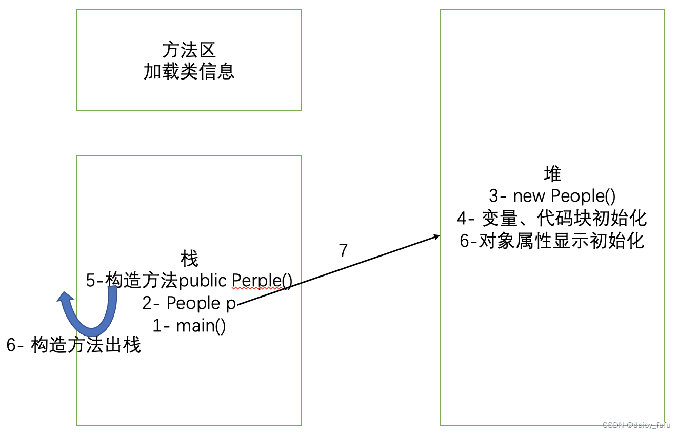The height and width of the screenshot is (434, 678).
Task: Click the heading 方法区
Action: click(189, 50)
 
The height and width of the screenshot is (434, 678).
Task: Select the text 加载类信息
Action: click(189, 71)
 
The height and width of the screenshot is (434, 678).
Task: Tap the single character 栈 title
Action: click(189, 259)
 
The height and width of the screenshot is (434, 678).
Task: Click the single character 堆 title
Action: click(552, 174)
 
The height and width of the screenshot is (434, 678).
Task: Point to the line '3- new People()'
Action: click(552, 196)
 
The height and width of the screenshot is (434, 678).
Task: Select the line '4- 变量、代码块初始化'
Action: click(552, 219)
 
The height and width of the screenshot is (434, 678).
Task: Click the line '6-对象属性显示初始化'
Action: click(552, 241)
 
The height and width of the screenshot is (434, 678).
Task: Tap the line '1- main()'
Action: click(189, 325)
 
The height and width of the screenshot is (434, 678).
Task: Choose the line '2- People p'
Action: click(189, 303)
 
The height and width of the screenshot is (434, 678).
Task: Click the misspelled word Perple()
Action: click(262, 281)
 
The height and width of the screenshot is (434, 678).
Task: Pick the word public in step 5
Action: click(203, 281)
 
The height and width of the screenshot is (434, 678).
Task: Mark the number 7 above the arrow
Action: click(343, 250)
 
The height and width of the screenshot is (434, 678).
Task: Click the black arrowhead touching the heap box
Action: click(437, 236)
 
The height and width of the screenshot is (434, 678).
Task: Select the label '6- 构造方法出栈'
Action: click(73, 345)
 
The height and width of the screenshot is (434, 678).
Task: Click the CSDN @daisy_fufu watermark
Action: click(636, 425)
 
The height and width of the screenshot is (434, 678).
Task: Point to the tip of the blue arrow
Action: click(64, 295)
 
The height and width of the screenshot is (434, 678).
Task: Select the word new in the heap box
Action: click(530, 196)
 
